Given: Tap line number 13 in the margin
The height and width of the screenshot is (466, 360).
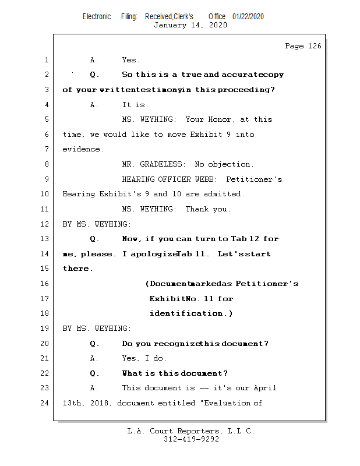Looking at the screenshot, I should click(x=45, y=239).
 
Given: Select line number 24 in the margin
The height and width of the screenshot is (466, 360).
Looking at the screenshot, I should click(x=45, y=403).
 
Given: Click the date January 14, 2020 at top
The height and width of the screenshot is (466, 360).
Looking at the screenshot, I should click(x=190, y=25).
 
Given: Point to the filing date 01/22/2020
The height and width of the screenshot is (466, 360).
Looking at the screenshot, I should click(x=248, y=16).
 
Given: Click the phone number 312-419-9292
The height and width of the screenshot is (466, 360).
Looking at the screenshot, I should click(x=191, y=440).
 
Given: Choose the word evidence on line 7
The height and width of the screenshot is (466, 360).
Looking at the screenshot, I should click(x=83, y=150).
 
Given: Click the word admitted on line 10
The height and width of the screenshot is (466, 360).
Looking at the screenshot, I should click(x=224, y=194).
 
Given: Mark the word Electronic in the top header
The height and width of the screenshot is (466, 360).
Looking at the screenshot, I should click(x=97, y=16).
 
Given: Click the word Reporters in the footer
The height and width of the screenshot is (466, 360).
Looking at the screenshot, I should click(x=198, y=432).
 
